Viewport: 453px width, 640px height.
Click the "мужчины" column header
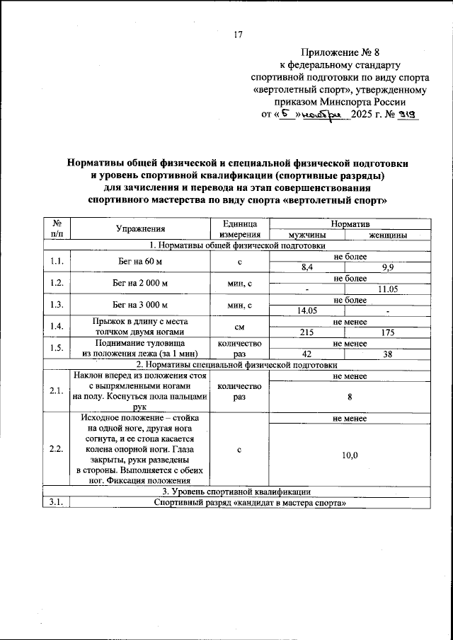tap(306, 235)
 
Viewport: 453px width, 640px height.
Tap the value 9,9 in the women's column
tap(387, 267)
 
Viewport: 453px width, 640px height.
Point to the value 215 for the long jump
tap(306, 332)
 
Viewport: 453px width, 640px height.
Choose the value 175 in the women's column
tap(387, 332)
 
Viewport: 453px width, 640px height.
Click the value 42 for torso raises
tap(306, 354)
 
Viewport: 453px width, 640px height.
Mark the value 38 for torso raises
tap(387, 354)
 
